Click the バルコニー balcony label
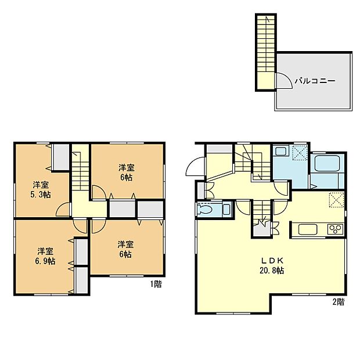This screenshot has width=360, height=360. click(x=314, y=81)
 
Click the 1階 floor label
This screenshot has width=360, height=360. click(x=155, y=285)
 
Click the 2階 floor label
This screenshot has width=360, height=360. click(x=338, y=301)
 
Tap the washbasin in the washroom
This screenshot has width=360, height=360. click(x=280, y=152)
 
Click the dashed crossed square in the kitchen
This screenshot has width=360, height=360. click(x=336, y=199)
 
